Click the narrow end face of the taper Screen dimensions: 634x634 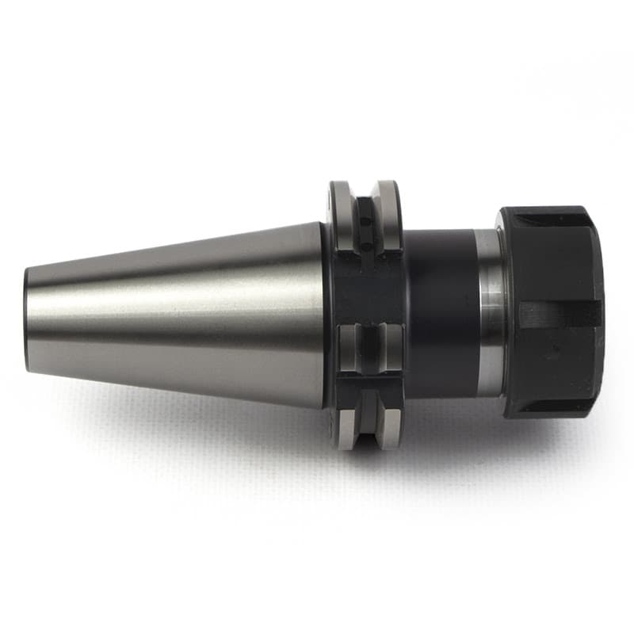pyautogui.click(x=28, y=319)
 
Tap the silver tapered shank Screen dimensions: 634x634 pyautogui.click(x=174, y=317)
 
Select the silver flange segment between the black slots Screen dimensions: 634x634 pyautogui.click(x=367, y=346)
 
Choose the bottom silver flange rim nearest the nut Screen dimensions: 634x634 pyautogui.click(x=391, y=424)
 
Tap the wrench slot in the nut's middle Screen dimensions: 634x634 pyautogui.click(x=555, y=314)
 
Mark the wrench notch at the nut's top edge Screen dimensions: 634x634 pyautogui.click(x=547, y=215)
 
